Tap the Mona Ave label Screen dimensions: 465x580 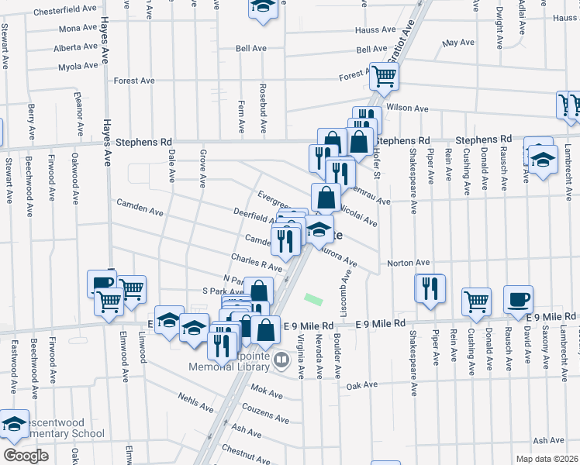click(x=78, y=29)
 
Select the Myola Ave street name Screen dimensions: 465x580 click(x=78, y=66)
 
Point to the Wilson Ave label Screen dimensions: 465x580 click(x=407, y=108)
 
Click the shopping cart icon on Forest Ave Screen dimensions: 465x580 click(x=384, y=77)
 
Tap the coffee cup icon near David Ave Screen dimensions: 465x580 click(x=518, y=298)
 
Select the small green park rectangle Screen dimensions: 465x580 click(x=313, y=298)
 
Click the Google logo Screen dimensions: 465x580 click(x=26, y=456)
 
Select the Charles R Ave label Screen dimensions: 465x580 click(x=256, y=261)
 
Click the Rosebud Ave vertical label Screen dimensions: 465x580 click(x=263, y=106)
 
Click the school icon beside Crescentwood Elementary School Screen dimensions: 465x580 click(x=14, y=423)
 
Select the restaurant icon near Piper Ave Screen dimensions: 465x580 click(x=430, y=288)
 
